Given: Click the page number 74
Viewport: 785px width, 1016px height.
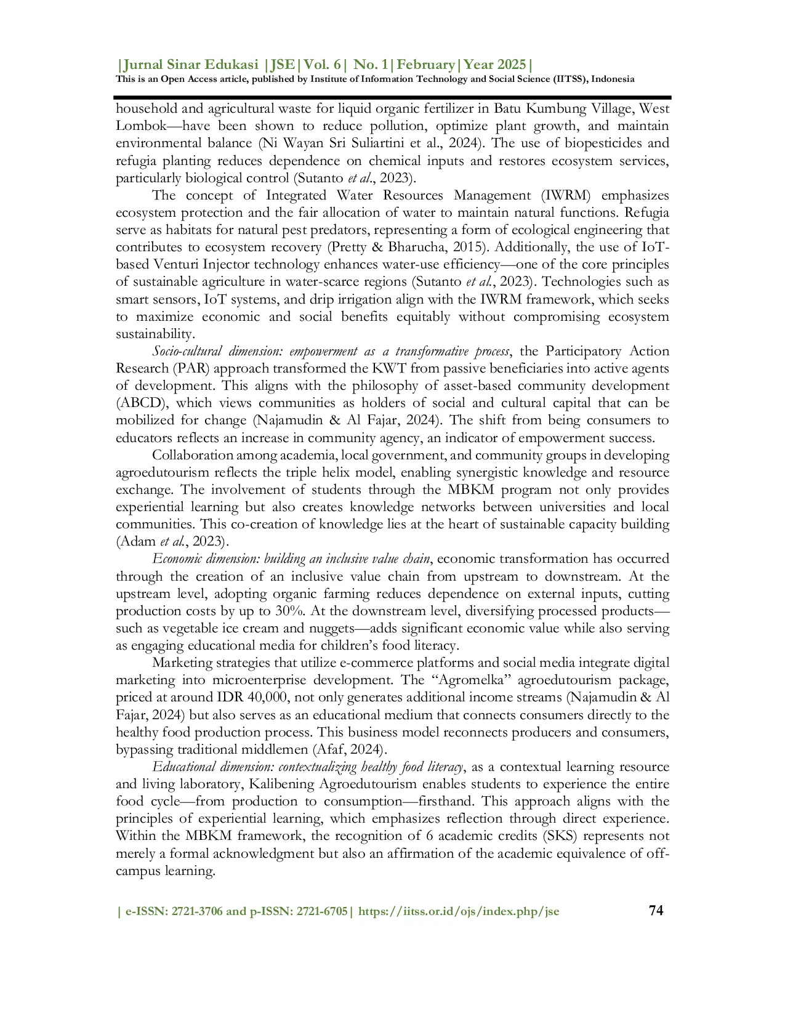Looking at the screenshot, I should click(x=656, y=910).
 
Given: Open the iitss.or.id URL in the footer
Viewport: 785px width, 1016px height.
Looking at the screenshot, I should click(x=459, y=911).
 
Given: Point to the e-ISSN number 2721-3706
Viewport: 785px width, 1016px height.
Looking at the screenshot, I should click(x=198, y=911).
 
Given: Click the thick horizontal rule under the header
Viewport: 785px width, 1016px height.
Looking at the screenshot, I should click(x=392, y=97).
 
